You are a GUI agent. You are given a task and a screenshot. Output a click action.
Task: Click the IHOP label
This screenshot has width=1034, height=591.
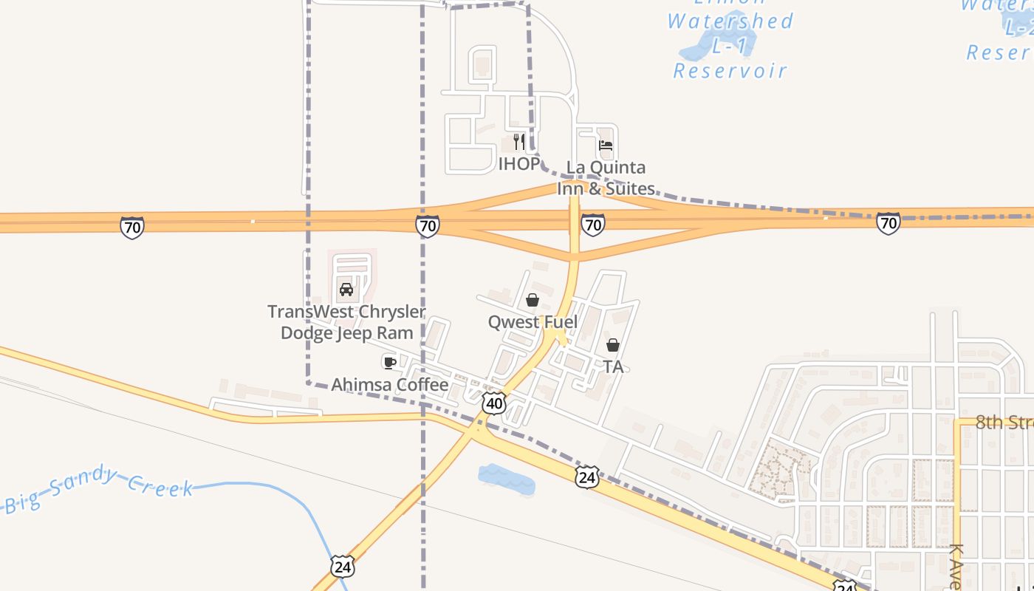[x=518, y=164]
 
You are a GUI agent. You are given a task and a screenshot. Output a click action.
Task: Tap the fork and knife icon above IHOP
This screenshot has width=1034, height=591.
[x=519, y=141]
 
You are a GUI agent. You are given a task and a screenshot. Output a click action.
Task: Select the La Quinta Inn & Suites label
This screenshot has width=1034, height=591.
[x=606, y=178]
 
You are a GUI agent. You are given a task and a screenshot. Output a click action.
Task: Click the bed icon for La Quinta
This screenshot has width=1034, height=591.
[x=606, y=146]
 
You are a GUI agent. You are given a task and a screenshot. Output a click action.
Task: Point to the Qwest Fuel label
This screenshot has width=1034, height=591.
[x=533, y=322]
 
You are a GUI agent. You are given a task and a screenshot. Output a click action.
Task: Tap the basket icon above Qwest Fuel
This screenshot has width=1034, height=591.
[x=532, y=300]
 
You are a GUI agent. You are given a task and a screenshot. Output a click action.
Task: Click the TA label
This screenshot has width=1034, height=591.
[x=613, y=366]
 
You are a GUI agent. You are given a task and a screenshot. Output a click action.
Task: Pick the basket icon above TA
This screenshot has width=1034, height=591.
[x=612, y=345]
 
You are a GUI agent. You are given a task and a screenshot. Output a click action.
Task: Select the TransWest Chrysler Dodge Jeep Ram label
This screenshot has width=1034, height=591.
[x=346, y=322]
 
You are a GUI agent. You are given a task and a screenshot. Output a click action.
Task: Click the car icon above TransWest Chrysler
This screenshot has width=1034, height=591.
[x=346, y=289]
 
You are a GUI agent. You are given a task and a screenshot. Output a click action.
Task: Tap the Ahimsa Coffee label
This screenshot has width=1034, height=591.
[x=389, y=384]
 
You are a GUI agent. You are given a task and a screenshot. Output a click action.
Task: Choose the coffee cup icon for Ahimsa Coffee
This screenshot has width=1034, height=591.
[x=389, y=362]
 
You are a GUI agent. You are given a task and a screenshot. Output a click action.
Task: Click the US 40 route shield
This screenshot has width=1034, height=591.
[x=494, y=403]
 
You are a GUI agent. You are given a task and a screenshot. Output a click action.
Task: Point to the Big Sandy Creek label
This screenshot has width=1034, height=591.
[x=99, y=488]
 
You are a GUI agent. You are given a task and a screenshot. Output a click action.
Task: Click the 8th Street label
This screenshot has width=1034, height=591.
[x=1004, y=423]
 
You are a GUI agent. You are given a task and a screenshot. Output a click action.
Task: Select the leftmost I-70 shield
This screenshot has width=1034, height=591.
[x=131, y=227]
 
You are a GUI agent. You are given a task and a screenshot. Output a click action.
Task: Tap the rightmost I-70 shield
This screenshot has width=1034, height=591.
[x=889, y=222]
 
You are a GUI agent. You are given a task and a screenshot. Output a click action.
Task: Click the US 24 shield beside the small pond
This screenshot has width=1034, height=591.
[x=586, y=476]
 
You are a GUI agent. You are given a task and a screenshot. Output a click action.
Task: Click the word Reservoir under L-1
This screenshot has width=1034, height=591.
[x=730, y=71]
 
